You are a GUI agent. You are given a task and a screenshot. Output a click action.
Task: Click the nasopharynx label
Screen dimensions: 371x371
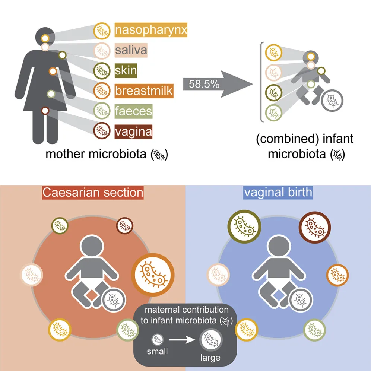[150, 30]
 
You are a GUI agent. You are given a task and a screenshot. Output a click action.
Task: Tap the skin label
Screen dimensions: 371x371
[126, 70]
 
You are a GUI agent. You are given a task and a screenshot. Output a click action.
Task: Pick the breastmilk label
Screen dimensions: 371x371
[144, 91]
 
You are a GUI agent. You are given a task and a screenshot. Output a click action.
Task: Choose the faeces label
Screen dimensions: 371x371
[133, 111]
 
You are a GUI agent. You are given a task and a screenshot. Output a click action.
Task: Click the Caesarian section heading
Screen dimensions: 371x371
[92, 192]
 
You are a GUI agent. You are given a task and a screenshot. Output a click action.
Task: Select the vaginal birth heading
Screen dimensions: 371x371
[278, 192]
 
